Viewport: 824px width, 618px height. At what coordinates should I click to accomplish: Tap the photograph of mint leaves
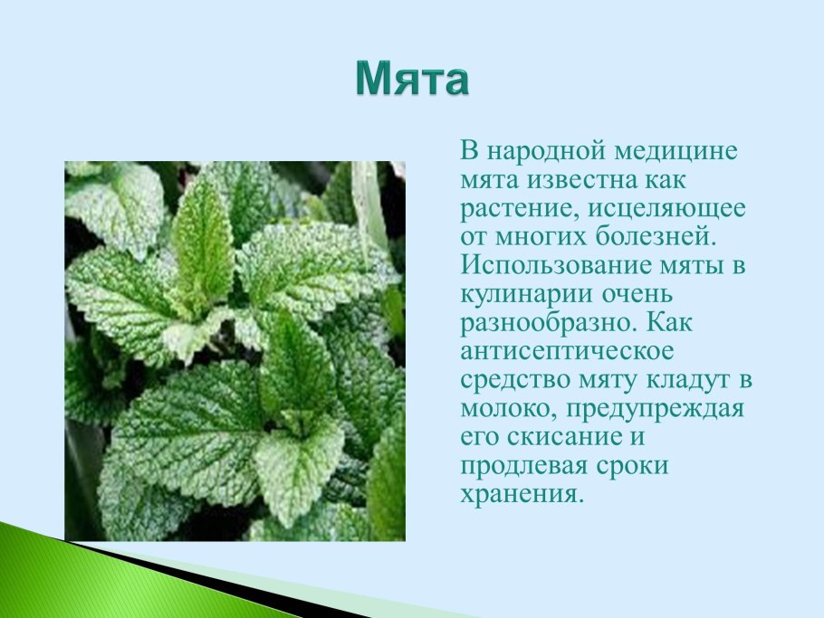235,351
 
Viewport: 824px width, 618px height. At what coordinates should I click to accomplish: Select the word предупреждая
656,409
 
